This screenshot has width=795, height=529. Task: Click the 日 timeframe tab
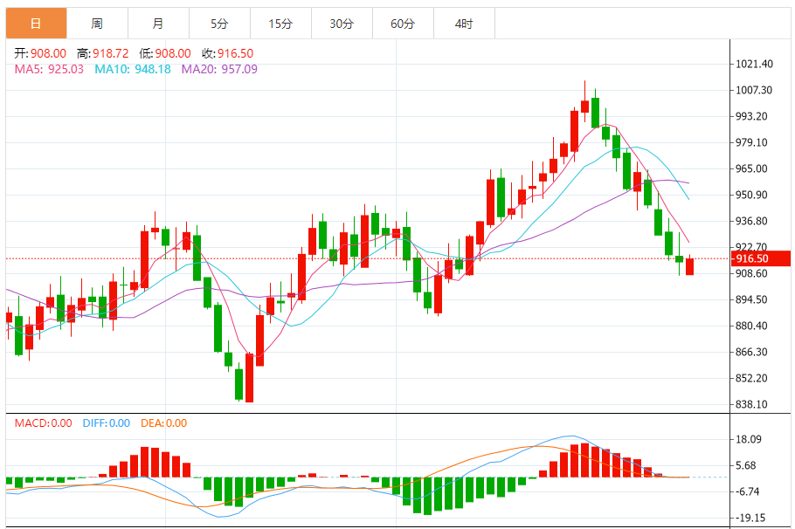pyautogui.click(x=36, y=24)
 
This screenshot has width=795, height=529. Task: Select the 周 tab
pyautogui.click(x=96, y=24)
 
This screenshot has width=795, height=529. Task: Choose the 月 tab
pyautogui.click(x=157, y=24)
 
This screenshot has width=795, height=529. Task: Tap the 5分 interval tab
pyautogui.click(x=218, y=24)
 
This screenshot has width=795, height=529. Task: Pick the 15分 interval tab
pyautogui.click(x=280, y=24)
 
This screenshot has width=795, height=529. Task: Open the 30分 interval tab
pyautogui.click(x=342, y=24)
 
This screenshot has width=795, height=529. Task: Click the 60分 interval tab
pyautogui.click(x=403, y=24)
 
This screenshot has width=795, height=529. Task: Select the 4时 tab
pyautogui.click(x=464, y=24)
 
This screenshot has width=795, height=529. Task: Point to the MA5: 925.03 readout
pyautogui.click(x=49, y=69)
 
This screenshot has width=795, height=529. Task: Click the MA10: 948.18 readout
pyautogui.click(x=133, y=69)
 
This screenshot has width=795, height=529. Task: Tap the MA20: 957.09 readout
pyautogui.click(x=219, y=69)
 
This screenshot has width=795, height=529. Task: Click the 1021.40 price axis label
pyautogui.click(x=754, y=64)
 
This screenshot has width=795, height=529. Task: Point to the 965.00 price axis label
pyautogui.click(x=751, y=168)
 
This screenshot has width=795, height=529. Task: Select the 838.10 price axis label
pyautogui.click(x=751, y=404)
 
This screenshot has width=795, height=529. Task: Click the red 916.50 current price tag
pyautogui.click(x=751, y=258)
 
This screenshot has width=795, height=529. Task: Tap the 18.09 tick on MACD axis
pyautogui.click(x=748, y=439)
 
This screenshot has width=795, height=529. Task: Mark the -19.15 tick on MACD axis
pyautogui.click(x=750, y=517)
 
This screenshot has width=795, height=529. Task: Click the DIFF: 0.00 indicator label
pyautogui.click(x=107, y=423)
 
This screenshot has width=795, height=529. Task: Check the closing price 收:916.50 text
pyautogui.click(x=228, y=53)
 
